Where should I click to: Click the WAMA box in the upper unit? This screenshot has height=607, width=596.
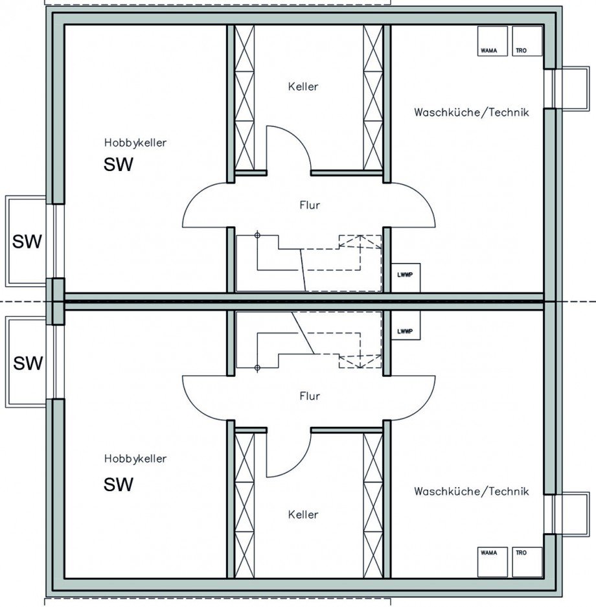[492, 41]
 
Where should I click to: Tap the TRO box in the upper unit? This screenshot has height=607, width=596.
[527, 41]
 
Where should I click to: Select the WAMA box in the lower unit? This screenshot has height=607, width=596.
[492, 562]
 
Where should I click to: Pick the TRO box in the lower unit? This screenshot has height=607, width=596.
[527, 562]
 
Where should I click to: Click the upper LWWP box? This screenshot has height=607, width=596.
[406, 278]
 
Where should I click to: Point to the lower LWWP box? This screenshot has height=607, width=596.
[406, 325]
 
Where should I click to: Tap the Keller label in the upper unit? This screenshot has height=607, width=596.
[303, 86]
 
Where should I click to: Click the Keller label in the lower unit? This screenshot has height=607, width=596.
[303, 514]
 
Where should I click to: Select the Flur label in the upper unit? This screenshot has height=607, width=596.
[310, 205]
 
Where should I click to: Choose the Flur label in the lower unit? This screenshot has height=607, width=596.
[310, 396]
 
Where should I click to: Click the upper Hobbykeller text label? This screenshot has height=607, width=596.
[135, 143]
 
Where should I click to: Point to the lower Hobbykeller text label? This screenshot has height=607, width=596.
[135, 459]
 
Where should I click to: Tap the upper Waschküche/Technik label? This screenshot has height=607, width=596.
[472, 112]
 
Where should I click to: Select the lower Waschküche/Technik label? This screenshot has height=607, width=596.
[472, 491]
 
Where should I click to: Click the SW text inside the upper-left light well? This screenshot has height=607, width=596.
[27, 241]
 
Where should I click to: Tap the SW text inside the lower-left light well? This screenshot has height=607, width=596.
[28, 363]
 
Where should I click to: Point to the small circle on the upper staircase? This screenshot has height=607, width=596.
[257, 235]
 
